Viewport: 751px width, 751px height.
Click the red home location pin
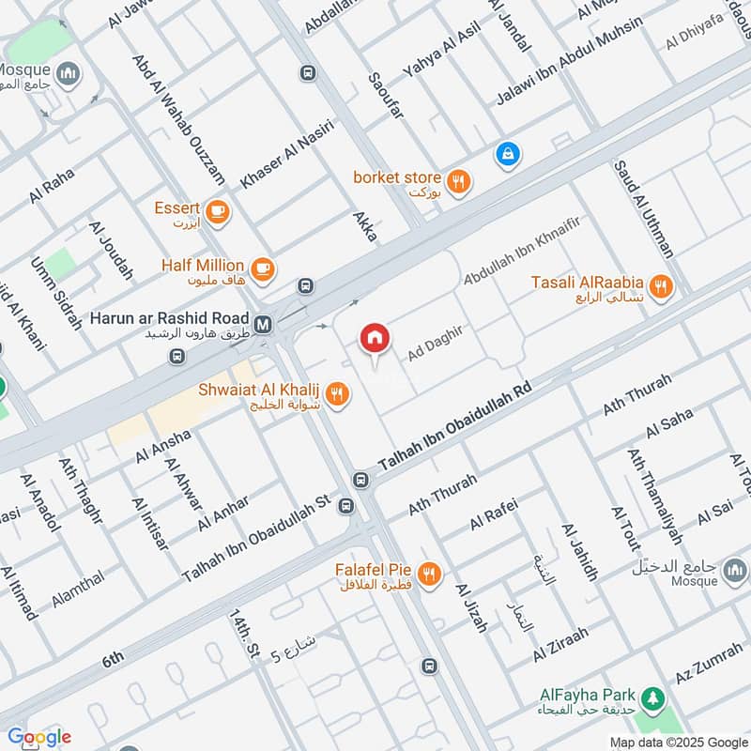(375, 339)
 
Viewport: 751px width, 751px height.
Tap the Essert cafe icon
(218, 210)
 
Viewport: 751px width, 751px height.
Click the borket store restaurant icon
(458, 182)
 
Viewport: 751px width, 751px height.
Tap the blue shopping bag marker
(507, 153)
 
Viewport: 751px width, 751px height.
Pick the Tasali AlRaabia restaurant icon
(662, 287)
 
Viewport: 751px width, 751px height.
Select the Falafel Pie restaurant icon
(429, 574)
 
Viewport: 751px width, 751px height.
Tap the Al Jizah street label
(471, 607)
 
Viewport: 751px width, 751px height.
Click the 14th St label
(243, 634)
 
